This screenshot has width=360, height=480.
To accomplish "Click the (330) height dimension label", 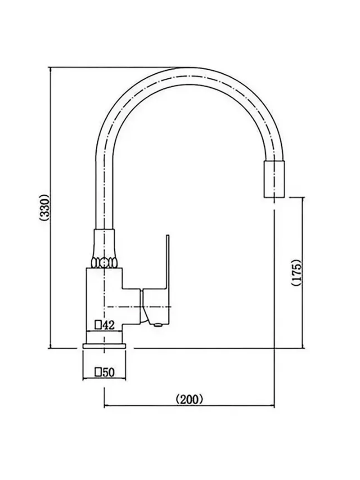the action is pyautogui.click(x=45, y=207).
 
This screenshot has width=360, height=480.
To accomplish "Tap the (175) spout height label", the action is pyautogui.click(x=297, y=273).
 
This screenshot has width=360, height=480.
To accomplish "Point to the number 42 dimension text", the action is pyautogui.click(x=108, y=325).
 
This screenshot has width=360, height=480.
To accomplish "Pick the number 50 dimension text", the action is pyautogui.click(x=108, y=372).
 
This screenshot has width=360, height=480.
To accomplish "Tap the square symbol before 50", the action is pyautogui.click(x=98, y=372).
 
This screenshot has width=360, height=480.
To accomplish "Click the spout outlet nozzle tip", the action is pyautogui.click(x=274, y=179).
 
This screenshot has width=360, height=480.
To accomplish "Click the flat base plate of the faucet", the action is pyautogui.click(x=104, y=346).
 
